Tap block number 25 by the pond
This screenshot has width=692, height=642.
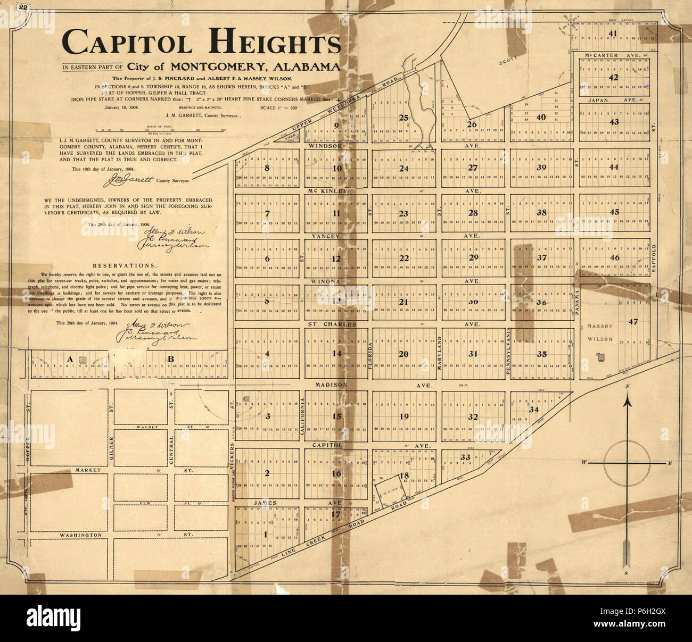(x=403, y=118)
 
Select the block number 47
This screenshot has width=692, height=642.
(x=632, y=321)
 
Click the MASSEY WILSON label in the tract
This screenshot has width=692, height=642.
(x=600, y=332)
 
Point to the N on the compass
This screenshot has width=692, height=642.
(x=628, y=386)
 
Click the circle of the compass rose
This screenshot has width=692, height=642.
(x=628, y=463)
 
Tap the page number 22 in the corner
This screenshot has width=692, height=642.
(x=23, y=8)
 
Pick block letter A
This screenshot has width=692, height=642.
(x=69, y=360)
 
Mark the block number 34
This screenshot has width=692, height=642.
(x=534, y=410)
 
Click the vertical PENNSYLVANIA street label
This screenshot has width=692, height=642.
(x=508, y=352)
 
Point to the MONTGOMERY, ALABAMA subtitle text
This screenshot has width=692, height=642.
(x=254, y=67)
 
